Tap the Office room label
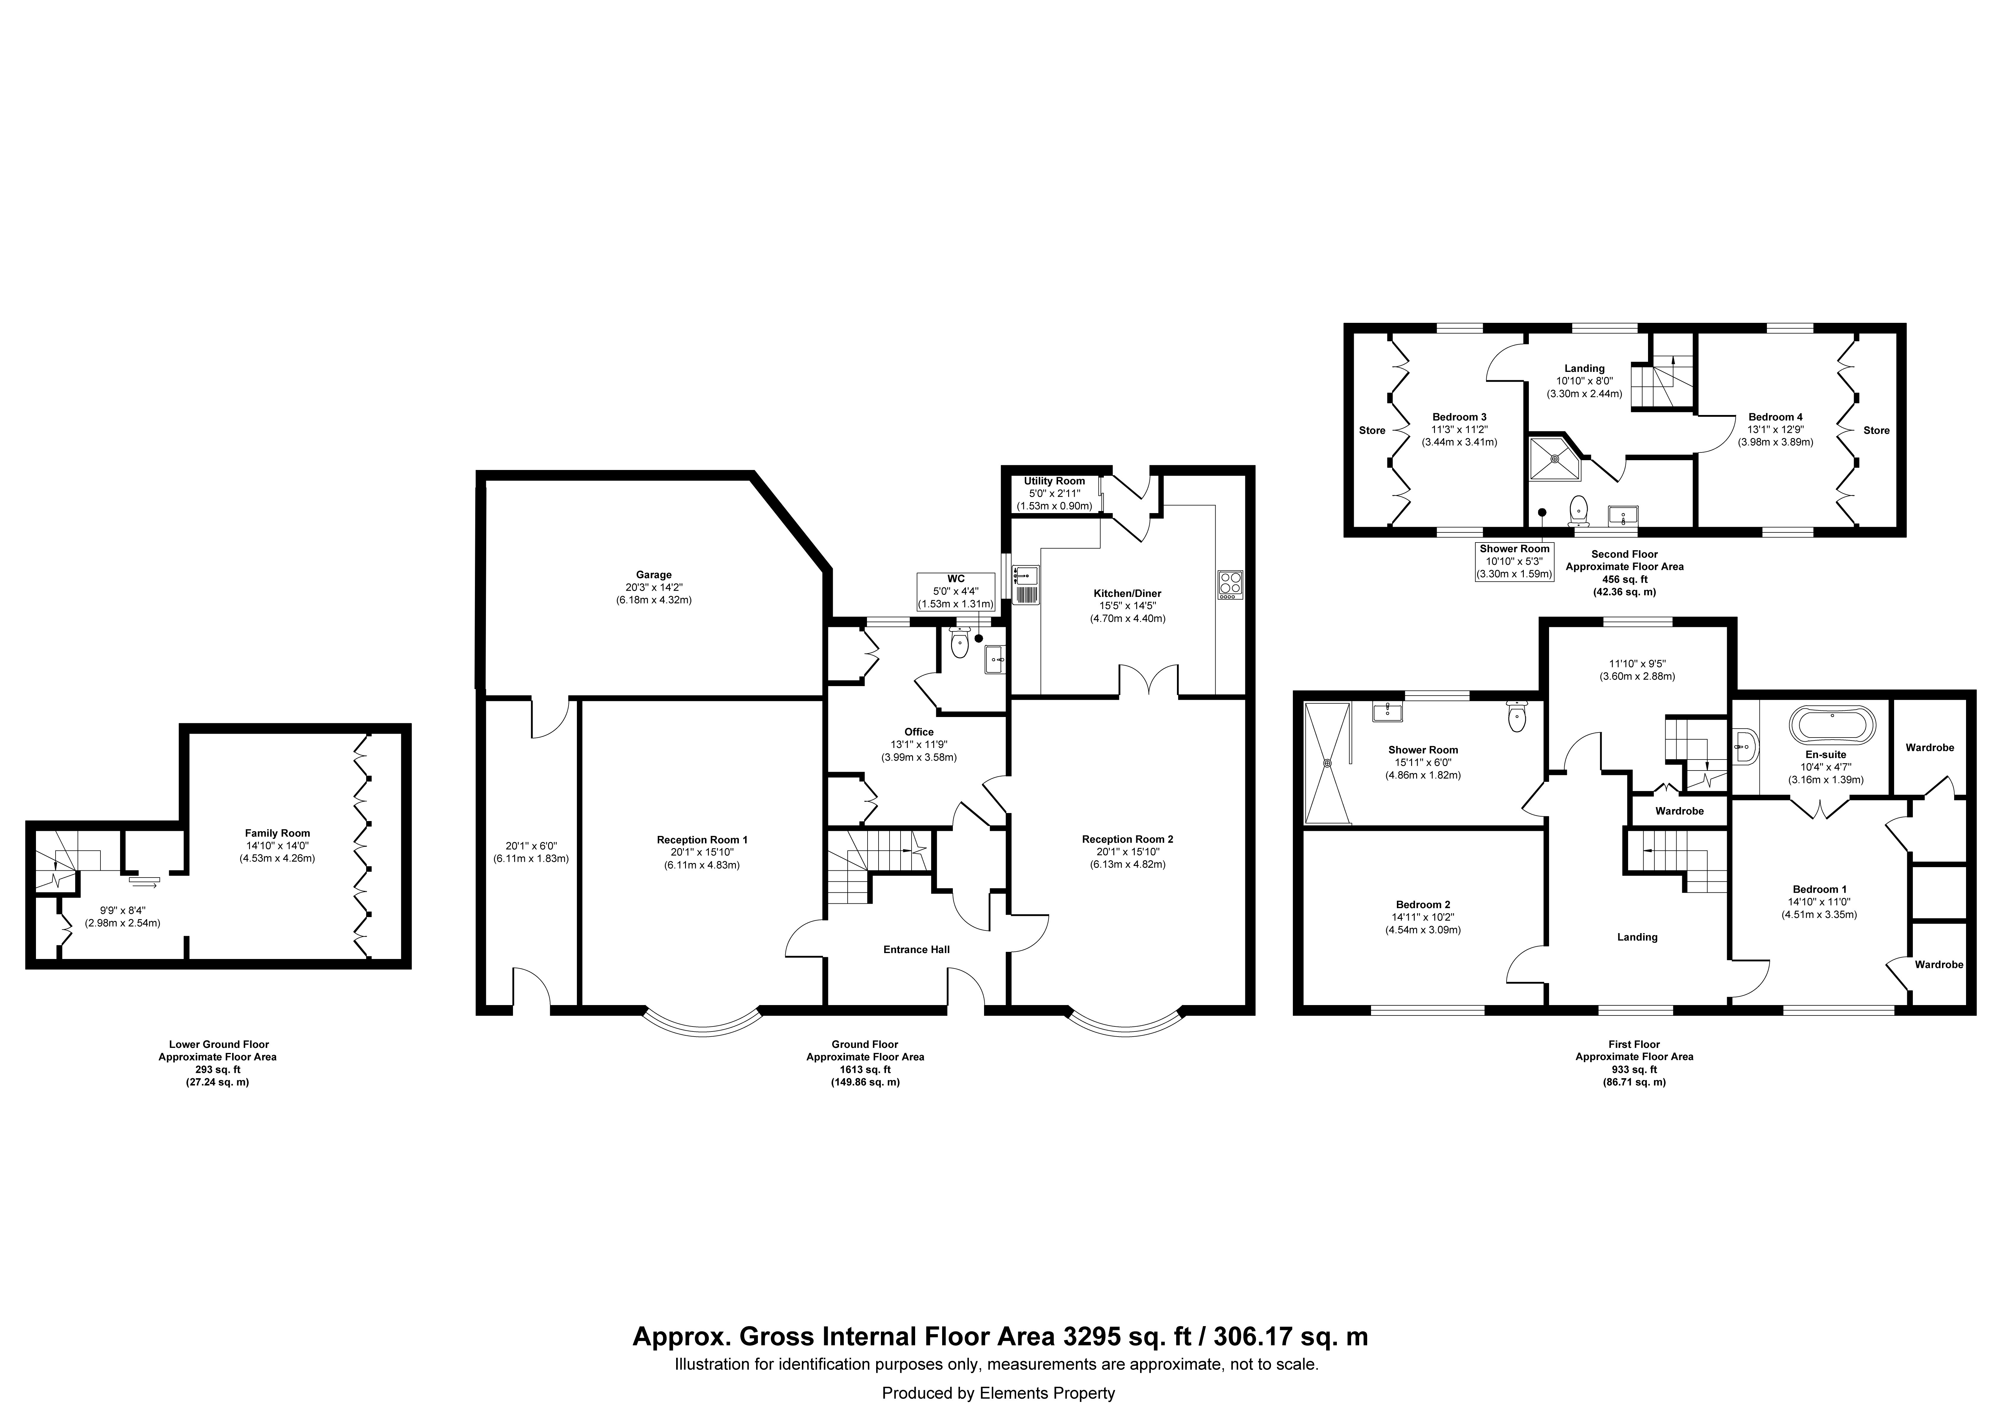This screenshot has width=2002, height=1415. (x=919, y=732)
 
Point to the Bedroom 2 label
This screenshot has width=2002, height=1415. (x=1423, y=905)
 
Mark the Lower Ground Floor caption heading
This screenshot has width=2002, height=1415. (x=219, y=1044)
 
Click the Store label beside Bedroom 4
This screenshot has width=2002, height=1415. (x=1877, y=430)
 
